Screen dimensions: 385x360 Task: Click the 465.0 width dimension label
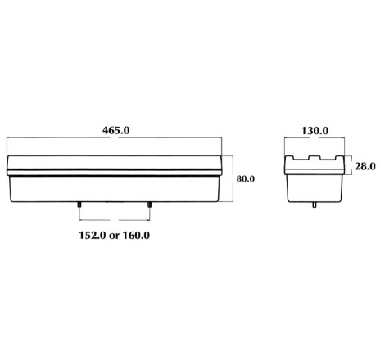coord(116,130)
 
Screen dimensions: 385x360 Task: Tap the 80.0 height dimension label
coord(246,179)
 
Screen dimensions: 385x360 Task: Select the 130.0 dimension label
coord(315,131)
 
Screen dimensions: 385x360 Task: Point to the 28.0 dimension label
coord(365,166)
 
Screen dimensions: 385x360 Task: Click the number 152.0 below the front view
coord(93,235)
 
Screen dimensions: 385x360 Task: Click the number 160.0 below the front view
coord(136,235)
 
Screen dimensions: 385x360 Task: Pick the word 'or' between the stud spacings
coord(114,236)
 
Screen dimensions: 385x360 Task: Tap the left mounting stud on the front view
coord(79,205)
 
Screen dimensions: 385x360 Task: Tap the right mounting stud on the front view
coord(149,205)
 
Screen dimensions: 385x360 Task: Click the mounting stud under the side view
coord(315,205)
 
